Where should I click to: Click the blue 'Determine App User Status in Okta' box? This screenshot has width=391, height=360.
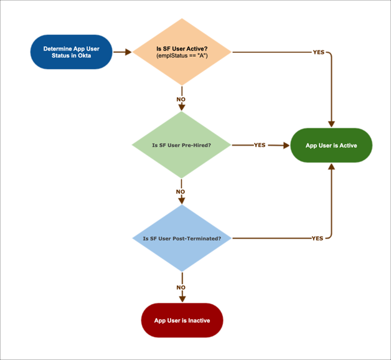(71, 52)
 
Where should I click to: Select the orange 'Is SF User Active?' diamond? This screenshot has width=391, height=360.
(181, 52)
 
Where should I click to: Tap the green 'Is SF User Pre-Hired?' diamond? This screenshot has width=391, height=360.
(181, 145)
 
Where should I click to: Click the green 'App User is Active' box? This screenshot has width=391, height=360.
(331, 146)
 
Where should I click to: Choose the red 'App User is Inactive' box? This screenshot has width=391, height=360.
(182, 320)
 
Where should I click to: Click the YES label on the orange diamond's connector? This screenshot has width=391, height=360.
(318, 52)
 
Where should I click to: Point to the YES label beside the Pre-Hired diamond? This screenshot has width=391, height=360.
(260, 145)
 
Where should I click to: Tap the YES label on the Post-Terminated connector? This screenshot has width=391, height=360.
(317, 238)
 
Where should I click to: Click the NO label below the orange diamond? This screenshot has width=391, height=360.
(181, 99)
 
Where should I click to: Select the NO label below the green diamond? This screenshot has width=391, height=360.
(181, 192)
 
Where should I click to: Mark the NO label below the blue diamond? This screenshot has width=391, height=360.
(181, 288)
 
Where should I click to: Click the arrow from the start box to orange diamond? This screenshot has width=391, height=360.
(123, 52)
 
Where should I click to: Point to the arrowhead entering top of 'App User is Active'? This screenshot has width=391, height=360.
(331, 124)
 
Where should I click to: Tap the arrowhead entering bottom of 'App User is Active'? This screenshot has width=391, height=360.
(331, 167)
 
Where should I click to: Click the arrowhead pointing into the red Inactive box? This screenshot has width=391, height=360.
(181, 300)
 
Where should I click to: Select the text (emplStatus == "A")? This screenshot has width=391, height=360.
(182, 57)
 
